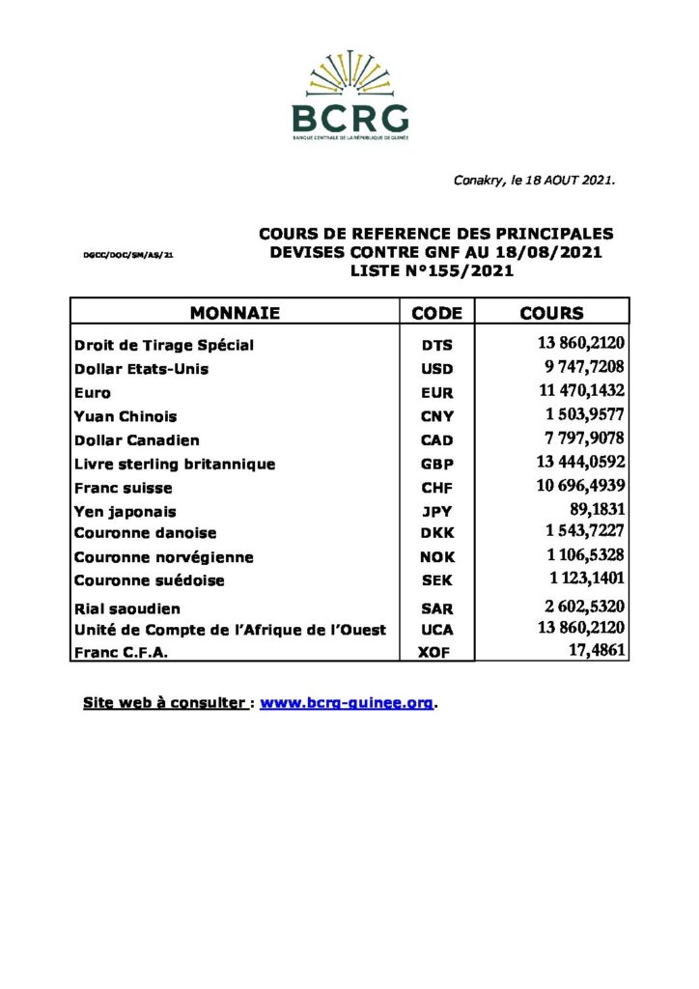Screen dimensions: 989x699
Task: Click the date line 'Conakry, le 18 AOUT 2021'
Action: click(x=534, y=181)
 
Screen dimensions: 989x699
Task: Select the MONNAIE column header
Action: click(x=235, y=313)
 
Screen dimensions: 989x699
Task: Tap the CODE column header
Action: click(x=436, y=313)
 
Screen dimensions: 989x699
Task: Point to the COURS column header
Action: click(x=551, y=313)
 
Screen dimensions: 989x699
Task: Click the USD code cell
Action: click(x=436, y=369)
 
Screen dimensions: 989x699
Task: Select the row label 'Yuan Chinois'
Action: click(x=126, y=416)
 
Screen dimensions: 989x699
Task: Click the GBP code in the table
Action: click(x=436, y=465)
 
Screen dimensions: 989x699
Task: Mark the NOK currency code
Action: click(x=436, y=557)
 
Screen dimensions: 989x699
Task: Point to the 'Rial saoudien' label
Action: click(x=126, y=608)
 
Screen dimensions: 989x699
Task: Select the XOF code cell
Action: click(x=436, y=653)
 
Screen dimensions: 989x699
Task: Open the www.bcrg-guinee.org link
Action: click(x=347, y=703)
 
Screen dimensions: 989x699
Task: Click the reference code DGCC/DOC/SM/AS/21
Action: click(x=128, y=256)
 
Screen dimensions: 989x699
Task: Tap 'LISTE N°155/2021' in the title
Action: click(x=432, y=271)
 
